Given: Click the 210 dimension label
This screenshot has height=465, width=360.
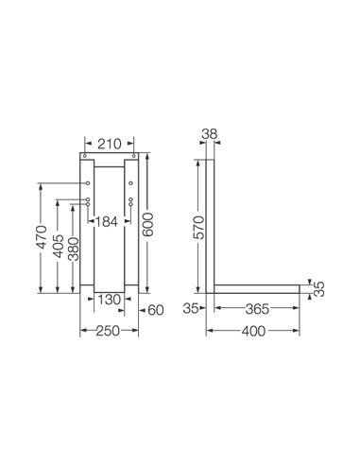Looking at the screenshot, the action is (x=110, y=144).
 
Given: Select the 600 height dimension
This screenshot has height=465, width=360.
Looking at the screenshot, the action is (x=147, y=225).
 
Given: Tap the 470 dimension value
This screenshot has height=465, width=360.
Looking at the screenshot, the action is (x=42, y=237).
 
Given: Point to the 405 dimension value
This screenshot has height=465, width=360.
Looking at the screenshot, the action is (x=59, y=246).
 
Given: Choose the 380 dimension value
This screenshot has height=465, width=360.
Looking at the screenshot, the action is (x=74, y=250).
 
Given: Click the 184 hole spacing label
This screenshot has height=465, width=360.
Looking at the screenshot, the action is (x=106, y=222).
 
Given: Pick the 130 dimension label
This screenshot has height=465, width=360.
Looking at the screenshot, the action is (x=110, y=300).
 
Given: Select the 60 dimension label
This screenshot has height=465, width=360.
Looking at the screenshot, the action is (x=156, y=311).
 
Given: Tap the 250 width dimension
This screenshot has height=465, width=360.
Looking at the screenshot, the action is (x=108, y=331).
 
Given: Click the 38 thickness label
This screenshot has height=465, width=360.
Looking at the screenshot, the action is (x=210, y=134).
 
